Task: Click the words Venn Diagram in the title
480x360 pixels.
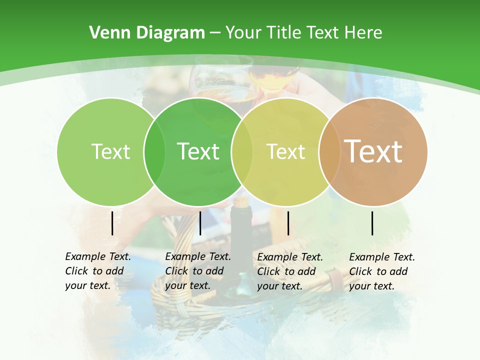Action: (x=147, y=33)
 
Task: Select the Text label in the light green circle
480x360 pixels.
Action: (x=110, y=151)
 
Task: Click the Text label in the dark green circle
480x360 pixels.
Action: (x=198, y=151)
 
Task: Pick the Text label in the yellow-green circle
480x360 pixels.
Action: (x=286, y=151)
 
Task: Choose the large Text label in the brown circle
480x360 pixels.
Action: (x=373, y=151)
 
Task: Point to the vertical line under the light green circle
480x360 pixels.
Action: (x=112, y=223)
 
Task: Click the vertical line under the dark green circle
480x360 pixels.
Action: (x=200, y=223)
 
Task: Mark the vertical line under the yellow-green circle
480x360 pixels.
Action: (x=288, y=223)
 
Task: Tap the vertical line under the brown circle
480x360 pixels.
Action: (x=372, y=223)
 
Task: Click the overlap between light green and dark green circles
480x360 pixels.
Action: (x=154, y=151)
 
